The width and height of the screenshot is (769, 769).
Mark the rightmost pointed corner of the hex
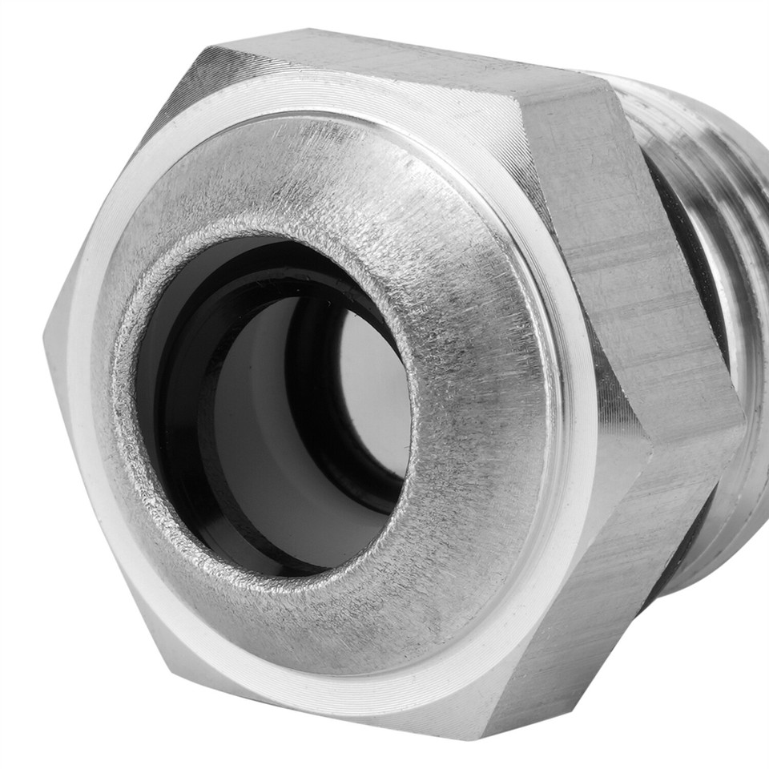point(741,417)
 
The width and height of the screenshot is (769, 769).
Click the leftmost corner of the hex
point(46,336)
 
